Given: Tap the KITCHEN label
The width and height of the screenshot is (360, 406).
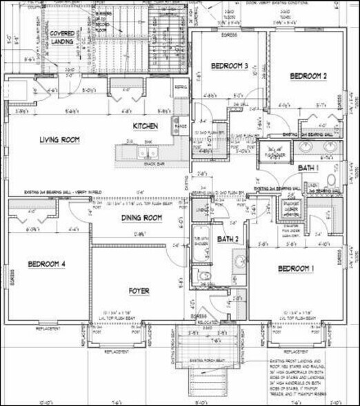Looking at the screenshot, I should coord(146,126).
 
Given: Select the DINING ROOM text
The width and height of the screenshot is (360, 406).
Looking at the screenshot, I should coord(141,217).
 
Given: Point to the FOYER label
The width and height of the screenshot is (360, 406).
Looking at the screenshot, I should coord(139,291).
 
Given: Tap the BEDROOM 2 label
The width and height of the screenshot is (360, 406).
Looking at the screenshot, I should coord(308,75).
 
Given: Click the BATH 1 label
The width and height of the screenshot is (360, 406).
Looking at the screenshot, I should coord(308,168).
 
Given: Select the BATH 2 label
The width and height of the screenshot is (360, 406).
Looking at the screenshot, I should coord(228,240).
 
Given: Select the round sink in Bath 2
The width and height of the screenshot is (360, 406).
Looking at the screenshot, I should coord(239,261).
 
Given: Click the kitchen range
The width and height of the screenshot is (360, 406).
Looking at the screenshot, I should coord(181,126).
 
